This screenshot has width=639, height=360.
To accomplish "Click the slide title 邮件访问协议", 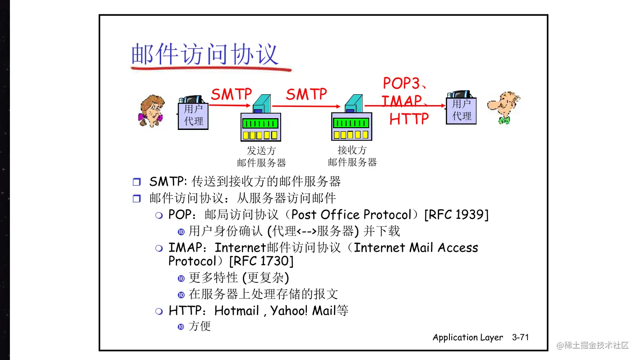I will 204,55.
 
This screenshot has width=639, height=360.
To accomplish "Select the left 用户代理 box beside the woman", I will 193,115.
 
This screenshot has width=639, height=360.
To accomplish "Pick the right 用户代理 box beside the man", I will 461,110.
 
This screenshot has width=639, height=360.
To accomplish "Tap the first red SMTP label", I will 232,94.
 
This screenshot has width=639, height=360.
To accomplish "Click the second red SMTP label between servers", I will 306,94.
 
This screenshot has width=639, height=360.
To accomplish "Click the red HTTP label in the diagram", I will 409,119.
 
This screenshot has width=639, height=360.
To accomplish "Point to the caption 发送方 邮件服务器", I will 261,157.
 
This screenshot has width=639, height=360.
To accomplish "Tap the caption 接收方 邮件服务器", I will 352,156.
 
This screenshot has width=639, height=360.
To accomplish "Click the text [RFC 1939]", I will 456,215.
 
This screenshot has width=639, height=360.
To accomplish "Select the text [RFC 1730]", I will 261,261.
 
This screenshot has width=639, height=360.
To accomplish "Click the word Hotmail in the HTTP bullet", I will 237,311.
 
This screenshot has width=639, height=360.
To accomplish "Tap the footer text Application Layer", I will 468,337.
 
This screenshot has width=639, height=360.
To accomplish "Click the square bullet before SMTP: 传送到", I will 137,182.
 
